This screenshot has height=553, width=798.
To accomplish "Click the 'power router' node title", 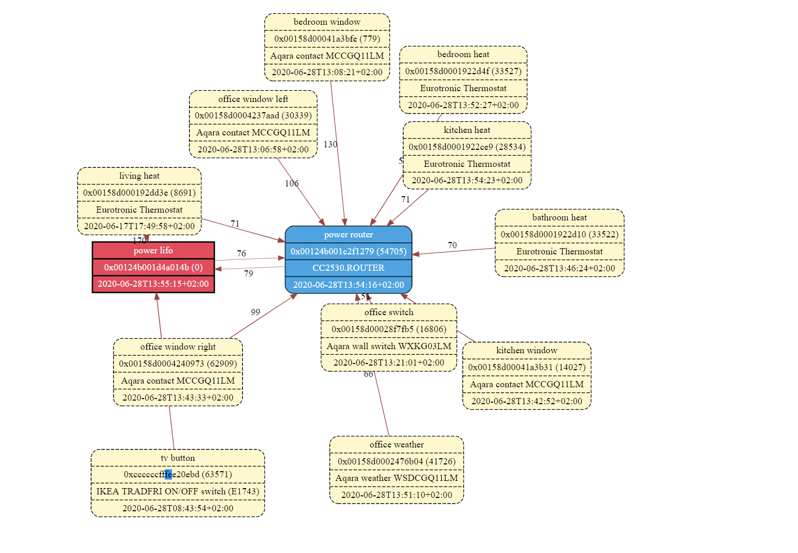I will [x=349, y=235].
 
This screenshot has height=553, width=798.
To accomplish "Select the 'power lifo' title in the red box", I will [x=153, y=251].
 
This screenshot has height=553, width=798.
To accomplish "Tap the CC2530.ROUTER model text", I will [x=349, y=268].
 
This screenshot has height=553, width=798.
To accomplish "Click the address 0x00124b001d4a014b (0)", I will [x=153, y=267].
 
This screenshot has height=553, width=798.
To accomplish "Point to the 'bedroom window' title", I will [x=327, y=22].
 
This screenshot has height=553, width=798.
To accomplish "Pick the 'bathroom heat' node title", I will [x=559, y=218].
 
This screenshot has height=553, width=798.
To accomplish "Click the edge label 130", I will [x=331, y=145].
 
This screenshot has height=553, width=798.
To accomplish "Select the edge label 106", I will [x=292, y=184].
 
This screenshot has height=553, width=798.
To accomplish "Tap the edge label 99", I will [x=255, y=313].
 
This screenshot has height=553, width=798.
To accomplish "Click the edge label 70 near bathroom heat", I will [x=452, y=246].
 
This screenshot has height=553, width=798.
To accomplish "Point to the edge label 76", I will [x=241, y=254].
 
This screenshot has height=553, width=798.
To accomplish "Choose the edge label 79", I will [x=249, y=274].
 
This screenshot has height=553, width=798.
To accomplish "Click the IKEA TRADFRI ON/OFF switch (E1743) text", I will [x=178, y=492].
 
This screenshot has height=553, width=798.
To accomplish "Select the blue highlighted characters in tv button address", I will [x=168, y=475].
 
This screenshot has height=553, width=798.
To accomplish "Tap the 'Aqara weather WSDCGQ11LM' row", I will [x=396, y=478].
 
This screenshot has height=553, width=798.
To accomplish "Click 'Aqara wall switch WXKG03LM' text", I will [x=389, y=347].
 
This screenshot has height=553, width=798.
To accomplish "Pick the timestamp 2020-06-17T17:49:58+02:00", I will [x=139, y=227].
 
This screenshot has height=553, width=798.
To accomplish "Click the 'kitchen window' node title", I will [x=527, y=351].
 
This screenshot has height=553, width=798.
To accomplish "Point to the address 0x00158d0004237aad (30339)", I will [x=253, y=116].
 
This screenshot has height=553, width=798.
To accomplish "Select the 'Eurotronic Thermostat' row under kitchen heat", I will [x=467, y=164].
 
